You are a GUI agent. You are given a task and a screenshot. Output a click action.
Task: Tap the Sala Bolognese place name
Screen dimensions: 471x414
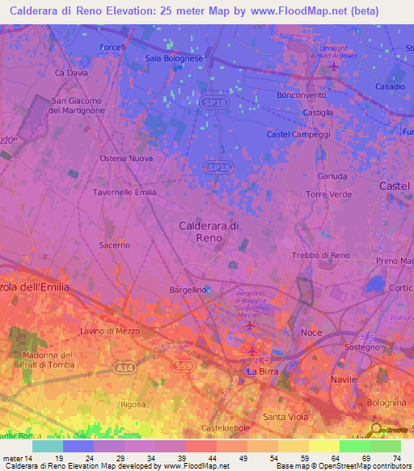(175, 59)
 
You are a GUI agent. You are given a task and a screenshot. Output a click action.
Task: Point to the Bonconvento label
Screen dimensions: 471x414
(301, 95)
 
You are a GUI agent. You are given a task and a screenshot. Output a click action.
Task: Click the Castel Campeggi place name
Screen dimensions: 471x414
(299, 134)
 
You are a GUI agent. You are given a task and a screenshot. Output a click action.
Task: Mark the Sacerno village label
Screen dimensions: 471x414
(114, 244)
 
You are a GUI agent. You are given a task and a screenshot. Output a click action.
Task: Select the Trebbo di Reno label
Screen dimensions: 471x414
(321, 256)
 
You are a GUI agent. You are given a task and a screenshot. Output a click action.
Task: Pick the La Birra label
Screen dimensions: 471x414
(263, 372)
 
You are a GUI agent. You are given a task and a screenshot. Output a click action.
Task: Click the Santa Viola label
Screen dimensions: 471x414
(285, 416)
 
